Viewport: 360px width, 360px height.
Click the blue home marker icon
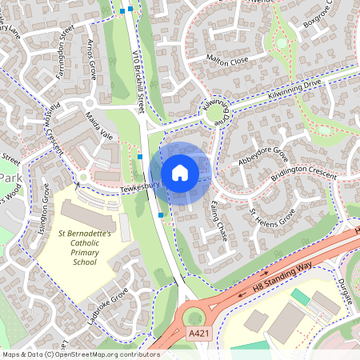(180, 173)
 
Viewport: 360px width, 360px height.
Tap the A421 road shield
(196, 333)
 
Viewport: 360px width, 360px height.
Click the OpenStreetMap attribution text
(80, 354)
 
